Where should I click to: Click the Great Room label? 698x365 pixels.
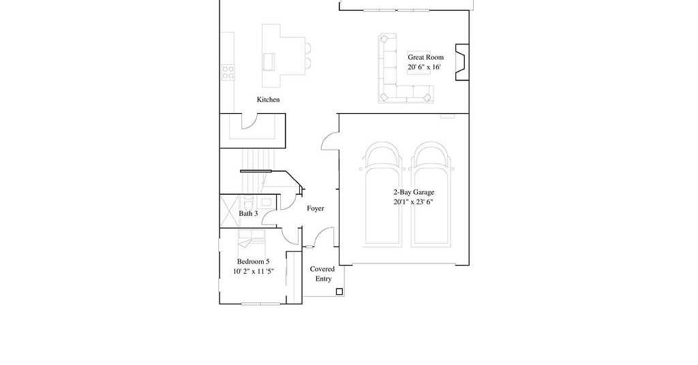tap(425, 57)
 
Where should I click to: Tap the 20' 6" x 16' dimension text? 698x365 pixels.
tap(424, 67)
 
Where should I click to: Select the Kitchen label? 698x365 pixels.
tap(268, 99)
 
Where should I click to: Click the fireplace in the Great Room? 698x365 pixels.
tap(462, 62)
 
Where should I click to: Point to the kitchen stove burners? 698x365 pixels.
tap(228, 72)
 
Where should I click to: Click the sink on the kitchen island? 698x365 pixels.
tap(269, 62)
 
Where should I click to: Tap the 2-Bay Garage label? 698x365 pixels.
tap(414, 193)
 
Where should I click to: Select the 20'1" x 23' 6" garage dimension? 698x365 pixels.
tap(413, 202)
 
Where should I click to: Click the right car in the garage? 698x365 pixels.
tap(431, 194)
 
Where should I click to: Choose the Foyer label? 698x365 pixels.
tap(315, 208)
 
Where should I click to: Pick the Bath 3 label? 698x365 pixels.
tap(248, 214)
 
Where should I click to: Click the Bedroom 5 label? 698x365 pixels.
tap(253, 262)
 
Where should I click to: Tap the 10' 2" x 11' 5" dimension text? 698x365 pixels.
tap(254, 272)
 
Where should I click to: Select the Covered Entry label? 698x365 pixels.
tap(322, 274)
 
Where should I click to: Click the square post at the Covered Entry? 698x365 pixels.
tap(339, 291)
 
